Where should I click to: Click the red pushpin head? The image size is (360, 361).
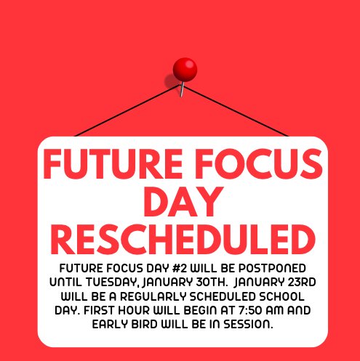tap(185, 69)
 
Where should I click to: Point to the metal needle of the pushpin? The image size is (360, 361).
tap(182, 89)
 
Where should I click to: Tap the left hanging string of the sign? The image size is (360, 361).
tap(127, 110)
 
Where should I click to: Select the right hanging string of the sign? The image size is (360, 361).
tap(236, 111)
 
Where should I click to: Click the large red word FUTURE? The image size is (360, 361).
tap(113, 164)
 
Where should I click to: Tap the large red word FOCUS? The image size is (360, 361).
tap(259, 164)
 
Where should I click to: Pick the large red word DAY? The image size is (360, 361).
tap(183, 202)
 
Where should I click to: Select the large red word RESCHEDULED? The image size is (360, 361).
tap(183, 240)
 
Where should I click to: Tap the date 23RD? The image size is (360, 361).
tap(302, 282)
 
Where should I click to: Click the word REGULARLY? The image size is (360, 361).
tap(153, 296)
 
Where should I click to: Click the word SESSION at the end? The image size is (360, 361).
tap(248, 325)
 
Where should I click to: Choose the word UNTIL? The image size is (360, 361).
tap(65, 282)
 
